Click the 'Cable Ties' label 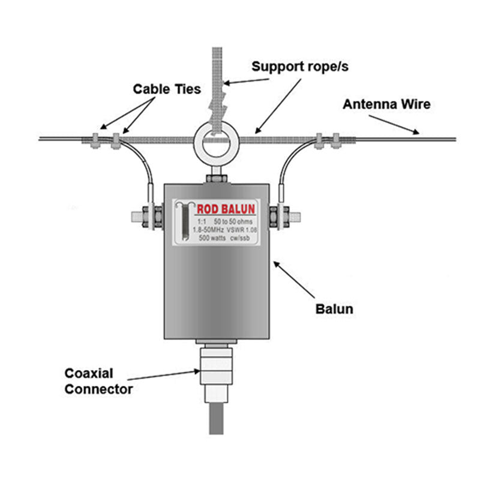[167, 89]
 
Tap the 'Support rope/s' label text [300, 67]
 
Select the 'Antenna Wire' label [386, 104]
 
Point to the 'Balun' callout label [334, 309]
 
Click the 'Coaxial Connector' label [98, 381]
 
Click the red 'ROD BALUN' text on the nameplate [226, 209]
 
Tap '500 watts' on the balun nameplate [212, 238]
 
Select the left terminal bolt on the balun [147, 217]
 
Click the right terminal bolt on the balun [285, 217]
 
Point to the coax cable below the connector [216, 418]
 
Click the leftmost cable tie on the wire [95, 141]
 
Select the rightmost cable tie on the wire [336, 141]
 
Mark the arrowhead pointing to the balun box [277, 265]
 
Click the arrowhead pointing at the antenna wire [416, 132]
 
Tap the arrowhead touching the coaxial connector [197, 371]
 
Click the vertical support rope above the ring [217, 89]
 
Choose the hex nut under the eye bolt [217, 178]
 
